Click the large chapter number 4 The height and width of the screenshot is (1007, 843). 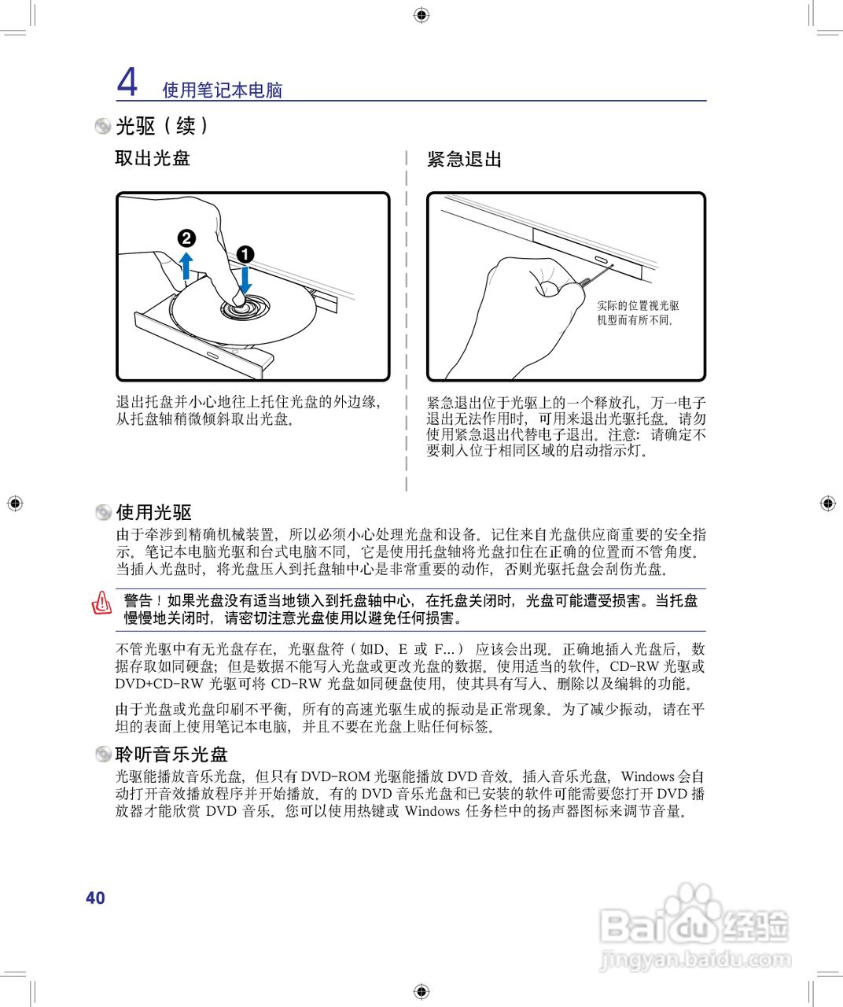(x=127, y=82)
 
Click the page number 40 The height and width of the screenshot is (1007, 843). (x=95, y=898)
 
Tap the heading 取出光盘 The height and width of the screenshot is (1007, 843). (x=153, y=158)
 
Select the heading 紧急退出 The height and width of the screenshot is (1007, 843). (x=464, y=159)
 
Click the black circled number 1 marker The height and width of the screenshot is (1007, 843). (x=245, y=254)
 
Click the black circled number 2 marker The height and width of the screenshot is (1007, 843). (x=186, y=238)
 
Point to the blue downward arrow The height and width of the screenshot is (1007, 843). (x=245, y=280)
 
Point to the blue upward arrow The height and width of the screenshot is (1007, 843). (x=186, y=265)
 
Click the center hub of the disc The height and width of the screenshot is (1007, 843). (x=244, y=305)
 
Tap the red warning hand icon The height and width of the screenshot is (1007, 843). (x=102, y=603)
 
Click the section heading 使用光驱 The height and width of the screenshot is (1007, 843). (x=154, y=512)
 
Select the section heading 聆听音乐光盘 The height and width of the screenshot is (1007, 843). (x=171, y=754)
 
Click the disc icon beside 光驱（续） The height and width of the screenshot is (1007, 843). (x=103, y=126)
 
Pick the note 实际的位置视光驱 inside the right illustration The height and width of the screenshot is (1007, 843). (x=637, y=305)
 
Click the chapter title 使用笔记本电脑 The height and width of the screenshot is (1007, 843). (x=222, y=90)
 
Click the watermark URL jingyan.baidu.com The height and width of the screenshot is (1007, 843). (x=695, y=960)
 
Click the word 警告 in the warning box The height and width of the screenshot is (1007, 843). (x=138, y=601)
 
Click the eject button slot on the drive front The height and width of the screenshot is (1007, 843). (x=604, y=260)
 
